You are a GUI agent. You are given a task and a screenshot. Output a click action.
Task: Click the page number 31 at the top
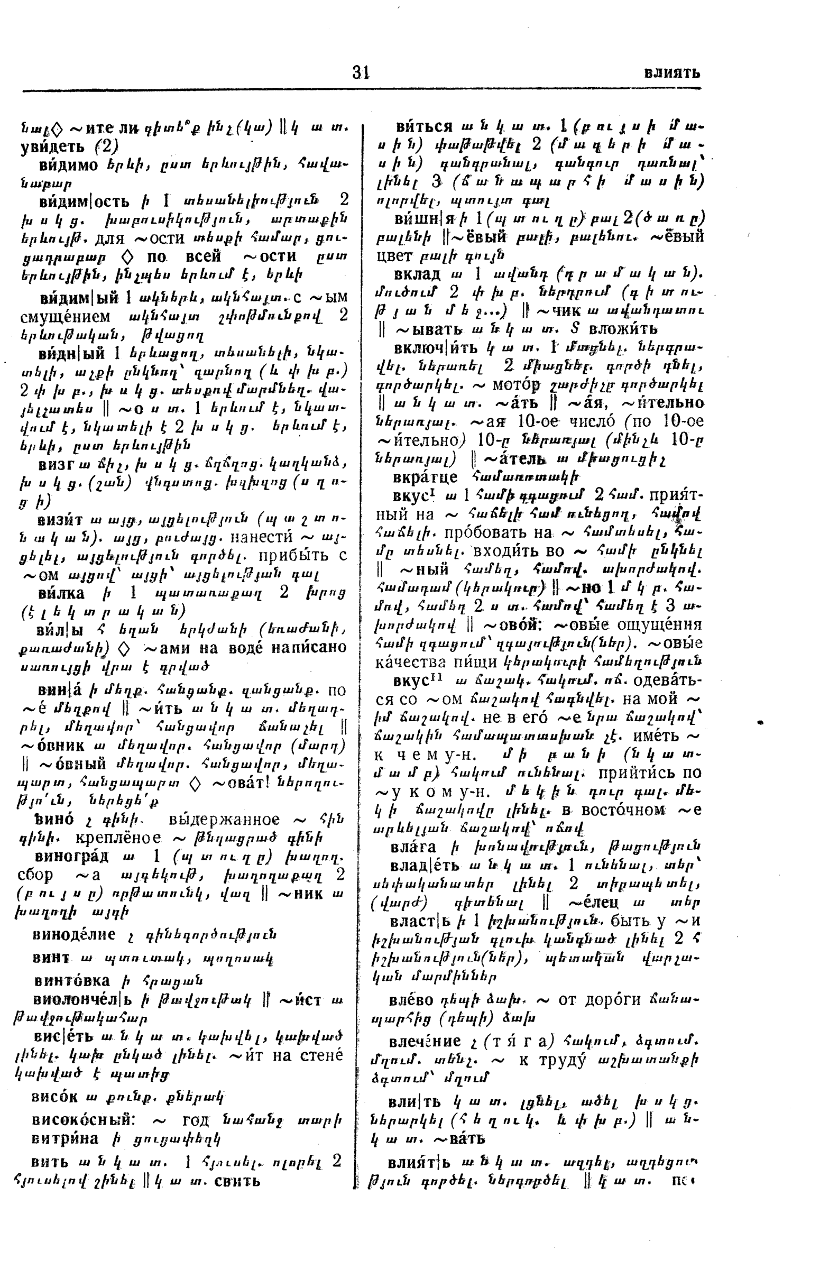(361, 71)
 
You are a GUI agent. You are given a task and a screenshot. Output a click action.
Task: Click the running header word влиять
(671, 72)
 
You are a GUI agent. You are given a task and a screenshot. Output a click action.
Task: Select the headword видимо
(68, 165)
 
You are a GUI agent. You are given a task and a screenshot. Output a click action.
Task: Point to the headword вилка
(61, 593)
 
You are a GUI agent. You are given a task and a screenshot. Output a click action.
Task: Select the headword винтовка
(71, 979)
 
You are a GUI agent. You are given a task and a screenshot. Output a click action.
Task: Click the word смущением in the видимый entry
(64, 317)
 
